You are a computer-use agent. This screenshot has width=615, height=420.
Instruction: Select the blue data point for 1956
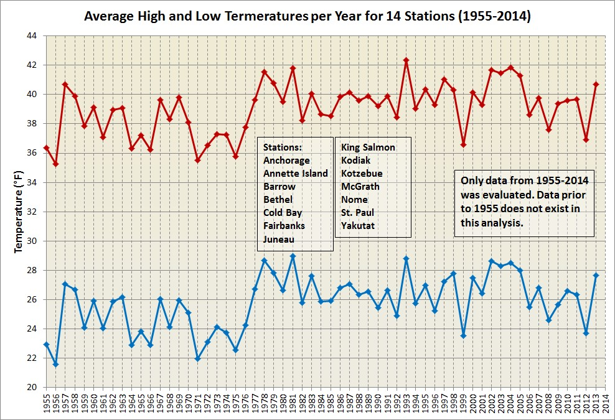tap(55, 364)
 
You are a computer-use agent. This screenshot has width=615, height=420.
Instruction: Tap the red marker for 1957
tap(65, 84)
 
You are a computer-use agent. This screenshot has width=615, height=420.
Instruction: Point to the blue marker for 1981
tap(293, 256)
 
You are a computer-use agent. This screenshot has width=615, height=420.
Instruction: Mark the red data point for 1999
tap(463, 144)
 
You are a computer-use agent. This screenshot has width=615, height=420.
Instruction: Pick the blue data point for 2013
tap(596, 275)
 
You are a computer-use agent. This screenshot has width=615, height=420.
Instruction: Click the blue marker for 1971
tap(198, 358)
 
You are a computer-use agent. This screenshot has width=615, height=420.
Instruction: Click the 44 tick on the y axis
tap(33, 36)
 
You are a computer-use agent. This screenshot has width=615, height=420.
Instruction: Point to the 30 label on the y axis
tap(33, 241)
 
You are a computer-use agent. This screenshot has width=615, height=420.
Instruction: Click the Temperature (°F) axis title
tap(18, 212)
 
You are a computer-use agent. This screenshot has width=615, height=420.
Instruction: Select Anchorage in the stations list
tap(286, 161)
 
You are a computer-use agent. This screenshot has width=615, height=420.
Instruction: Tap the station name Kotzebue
tap(362, 174)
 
